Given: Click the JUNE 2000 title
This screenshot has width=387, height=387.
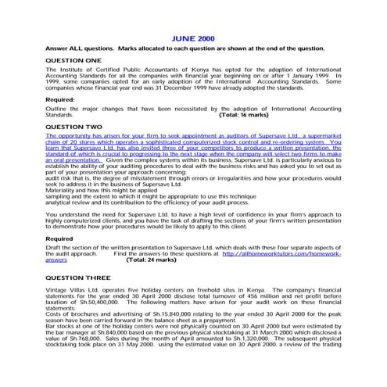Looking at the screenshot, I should tap(193, 37).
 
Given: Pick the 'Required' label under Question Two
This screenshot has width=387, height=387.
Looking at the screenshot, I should tap(59, 238).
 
